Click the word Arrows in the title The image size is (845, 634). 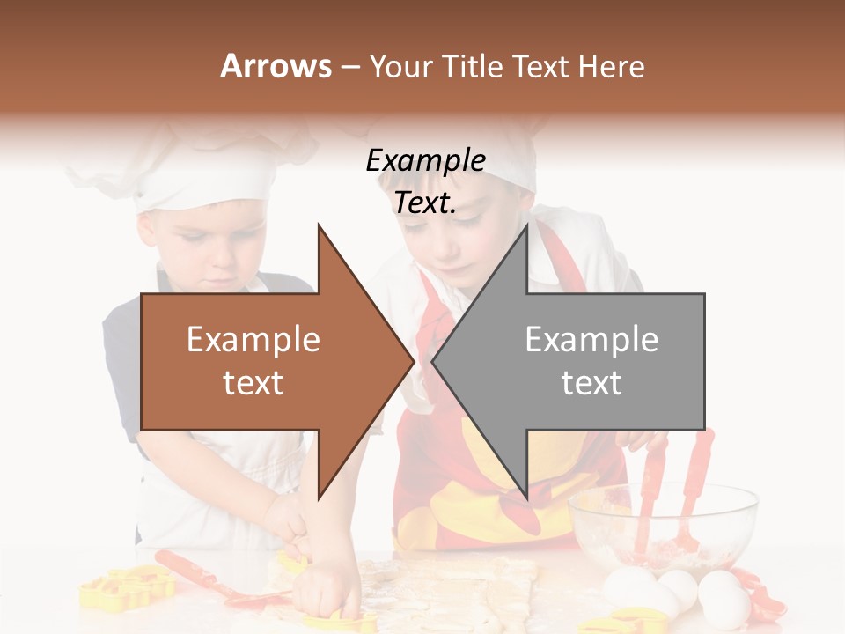(x=276, y=66)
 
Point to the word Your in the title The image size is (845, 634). (x=398, y=67)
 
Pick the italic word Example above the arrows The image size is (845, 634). (x=425, y=161)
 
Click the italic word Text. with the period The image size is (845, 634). (x=425, y=203)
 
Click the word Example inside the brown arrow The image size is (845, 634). (x=253, y=340)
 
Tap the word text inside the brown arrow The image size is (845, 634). (x=253, y=383)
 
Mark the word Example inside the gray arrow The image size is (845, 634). (x=591, y=340)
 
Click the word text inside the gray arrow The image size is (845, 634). (x=591, y=383)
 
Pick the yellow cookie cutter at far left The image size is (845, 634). (x=123, y=589)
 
